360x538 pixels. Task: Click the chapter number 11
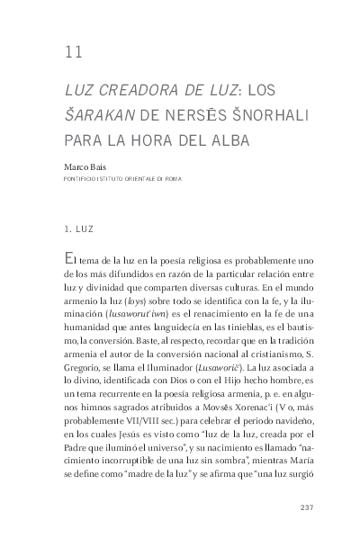(x=74, y=51)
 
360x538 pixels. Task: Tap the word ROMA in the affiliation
(x=172, y=179)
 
